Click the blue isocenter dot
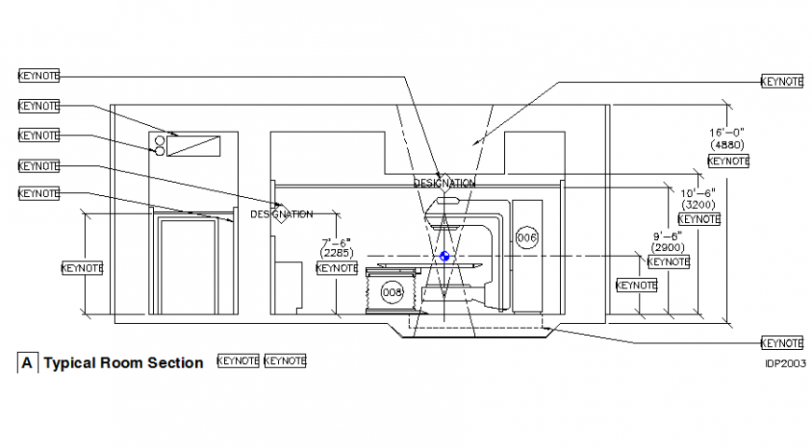pyautogui.click(x=444, y=257)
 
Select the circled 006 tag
pyautogui.click(x=527, y=238)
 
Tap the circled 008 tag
pyautogui.click(x=392, y=292)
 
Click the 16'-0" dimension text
pyautogui.click(x=726, y=133)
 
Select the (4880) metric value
pyautogui.click(x=726, y=145)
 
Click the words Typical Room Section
pyautogui.click(x=123, y=362)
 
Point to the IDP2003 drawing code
pyautogui.click(x=785, y=363)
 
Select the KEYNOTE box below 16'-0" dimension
pyautogui.click(x=728, y=161)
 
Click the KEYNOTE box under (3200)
pyautogui.click(x=699, y=218)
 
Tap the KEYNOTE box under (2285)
pyautogui.click(x=337, y=267)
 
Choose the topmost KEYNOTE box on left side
pyautogui.click(x=38, y=74)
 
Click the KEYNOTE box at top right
pyautogui.click(x=781, y=81)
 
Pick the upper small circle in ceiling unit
pyautogui.click(x=159, y=140)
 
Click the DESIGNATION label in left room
pyautogui.click(x=281, y=214)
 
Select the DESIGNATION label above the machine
pyautogui.click(x=444, y=183)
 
